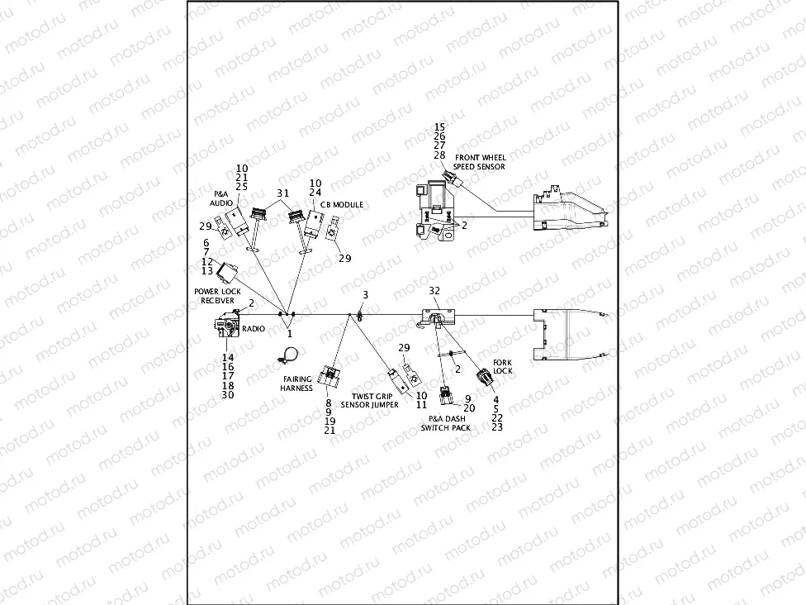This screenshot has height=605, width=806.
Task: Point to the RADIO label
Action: pyautogui.click(x=253, y=329)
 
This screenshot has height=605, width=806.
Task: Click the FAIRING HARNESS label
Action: pyautogui.click(x=296, y=383)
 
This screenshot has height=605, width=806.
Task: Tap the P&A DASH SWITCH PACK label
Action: pyautogui.click(x=445, y=423)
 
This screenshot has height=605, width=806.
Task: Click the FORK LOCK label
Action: pyautogui.click(x=502, y=367)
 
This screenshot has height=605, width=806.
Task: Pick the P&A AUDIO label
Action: pyautogui.click(x=220, y=198)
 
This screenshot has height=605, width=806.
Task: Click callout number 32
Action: pyautogui.click(x=434, y=291)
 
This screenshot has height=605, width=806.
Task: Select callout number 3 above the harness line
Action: pyautogui.click(x=365, y=295)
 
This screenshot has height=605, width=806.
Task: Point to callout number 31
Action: pyautogui.click(x=282, y=193)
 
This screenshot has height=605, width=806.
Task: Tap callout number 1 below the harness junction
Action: pyautogui.click(x=289, y=334)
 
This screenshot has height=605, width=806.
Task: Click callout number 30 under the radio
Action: pyautogui.click(x=228, y=395)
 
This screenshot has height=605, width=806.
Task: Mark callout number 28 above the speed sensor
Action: pyautogui.click(x=439, y=155)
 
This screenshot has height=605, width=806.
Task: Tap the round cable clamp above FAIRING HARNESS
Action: pyautogui.click(x=287, y=355)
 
